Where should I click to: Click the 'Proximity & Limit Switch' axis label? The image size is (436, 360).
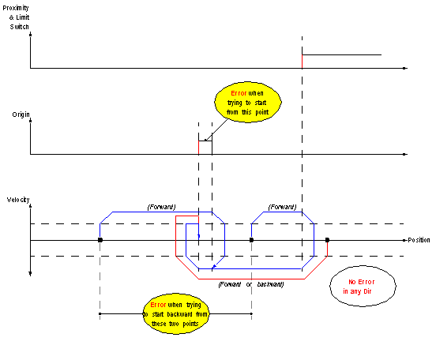tap(16, 17)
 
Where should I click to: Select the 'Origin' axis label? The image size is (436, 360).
tap(21, 114)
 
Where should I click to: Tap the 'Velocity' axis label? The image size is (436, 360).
tap(18, 200)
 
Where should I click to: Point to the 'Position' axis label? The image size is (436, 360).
tap(419, 240)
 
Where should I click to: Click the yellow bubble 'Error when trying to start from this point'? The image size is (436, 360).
tap(248, 103)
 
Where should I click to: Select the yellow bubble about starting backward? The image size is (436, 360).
tap(175, 314)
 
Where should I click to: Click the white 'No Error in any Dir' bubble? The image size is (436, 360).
tap(363, 287)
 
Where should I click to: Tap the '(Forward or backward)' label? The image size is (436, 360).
tap(251, 284)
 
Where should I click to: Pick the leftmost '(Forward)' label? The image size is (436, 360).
tap(162, 207)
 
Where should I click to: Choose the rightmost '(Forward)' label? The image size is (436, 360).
tap(282, 207)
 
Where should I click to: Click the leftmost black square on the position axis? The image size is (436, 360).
tap(100, 240)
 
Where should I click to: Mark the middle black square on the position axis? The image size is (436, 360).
tap(251, 240)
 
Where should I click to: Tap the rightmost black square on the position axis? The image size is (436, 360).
tap(327, 240)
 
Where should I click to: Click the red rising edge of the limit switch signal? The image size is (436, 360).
tap(302, 62)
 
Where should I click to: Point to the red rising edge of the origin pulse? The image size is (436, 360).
tap(198, 148)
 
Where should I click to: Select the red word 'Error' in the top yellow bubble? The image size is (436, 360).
tap(239, 93)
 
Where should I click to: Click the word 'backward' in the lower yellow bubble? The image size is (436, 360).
tap(179, 314)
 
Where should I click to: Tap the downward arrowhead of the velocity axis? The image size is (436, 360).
tap(30, 274)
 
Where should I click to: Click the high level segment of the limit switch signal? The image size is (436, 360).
tap(342, 54)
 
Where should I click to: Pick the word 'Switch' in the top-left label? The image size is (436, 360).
tap(20, 27)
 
